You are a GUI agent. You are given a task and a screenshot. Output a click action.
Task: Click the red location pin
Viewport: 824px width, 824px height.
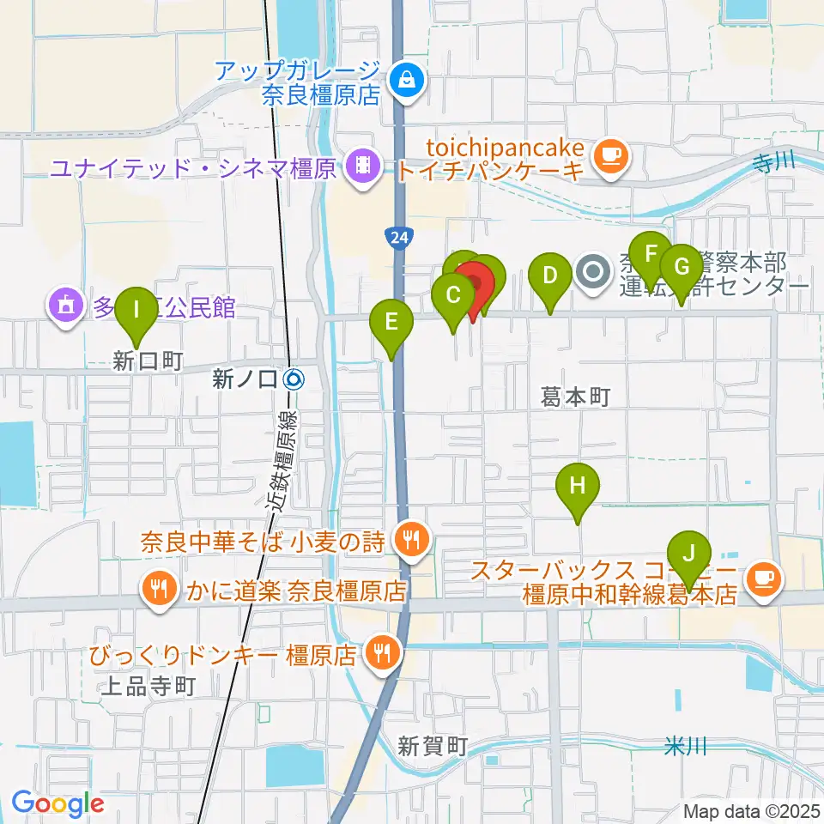[x=474, y=288]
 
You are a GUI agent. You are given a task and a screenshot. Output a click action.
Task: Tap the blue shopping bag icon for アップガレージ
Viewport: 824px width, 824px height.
[x=403, y=82]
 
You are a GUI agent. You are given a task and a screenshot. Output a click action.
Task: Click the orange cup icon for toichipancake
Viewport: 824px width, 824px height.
[x=610, y=154]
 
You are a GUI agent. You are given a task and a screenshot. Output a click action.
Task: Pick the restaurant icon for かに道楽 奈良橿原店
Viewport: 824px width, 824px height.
[x=157, y=589]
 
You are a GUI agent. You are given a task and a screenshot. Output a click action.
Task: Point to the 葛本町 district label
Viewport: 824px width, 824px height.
[x=575, y=396]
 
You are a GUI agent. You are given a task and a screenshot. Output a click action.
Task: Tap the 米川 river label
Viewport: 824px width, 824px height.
[x=686, y=747]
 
